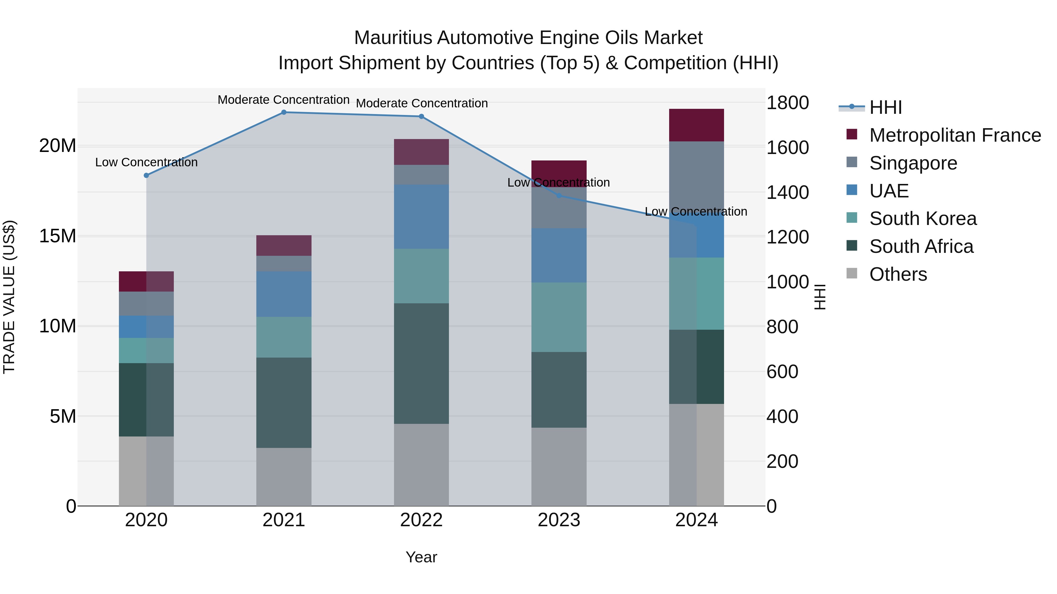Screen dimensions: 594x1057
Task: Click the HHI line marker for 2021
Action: (x=284, y=112)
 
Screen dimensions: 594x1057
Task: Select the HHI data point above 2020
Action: (x=147, y=175)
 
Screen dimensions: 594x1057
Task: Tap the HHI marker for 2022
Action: (x=421, y=116)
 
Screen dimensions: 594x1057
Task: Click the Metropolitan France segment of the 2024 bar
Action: (x=696, y=125)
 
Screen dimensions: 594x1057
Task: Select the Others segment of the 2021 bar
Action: (x=284, y=476)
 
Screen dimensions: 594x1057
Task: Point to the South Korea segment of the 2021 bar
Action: (x=284, y=337)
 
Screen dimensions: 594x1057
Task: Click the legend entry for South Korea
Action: (x=923, y=219)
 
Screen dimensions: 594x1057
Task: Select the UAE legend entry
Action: (x=889, y=191)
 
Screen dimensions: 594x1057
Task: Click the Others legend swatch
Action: (x=852, y=273)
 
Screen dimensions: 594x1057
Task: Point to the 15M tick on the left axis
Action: (x=58, y=236)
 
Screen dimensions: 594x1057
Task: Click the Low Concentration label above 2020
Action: (x=147, y=162)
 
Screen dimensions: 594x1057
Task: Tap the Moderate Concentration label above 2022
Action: (x=421, y=103)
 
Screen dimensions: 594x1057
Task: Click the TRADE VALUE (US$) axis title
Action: (x=9, y=297)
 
